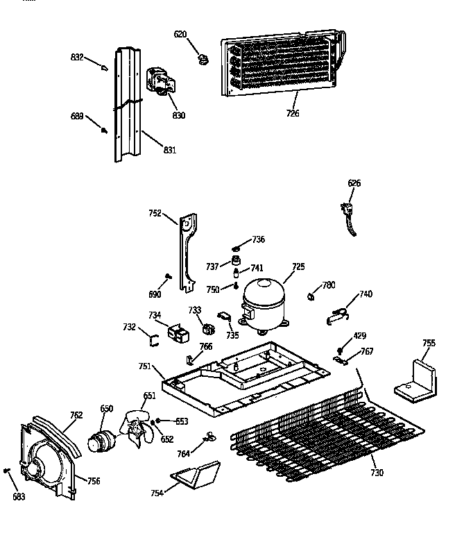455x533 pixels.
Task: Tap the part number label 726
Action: pyautogui.click(x=293, y=113)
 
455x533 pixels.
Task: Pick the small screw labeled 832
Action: pyautogui.click(x=105, y=68)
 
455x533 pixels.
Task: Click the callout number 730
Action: pyautogui.click(x=376, y=473)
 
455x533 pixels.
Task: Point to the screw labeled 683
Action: pyautogui.click(x=7, y=471)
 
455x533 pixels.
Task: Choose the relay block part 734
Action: pyautogui.click(x=180, y=334)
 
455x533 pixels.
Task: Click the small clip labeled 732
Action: pyautogui.click(x=155, y=339)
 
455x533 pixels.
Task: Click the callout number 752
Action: pyautogui.click(x=155, y=213)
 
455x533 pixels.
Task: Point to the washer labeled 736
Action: pyautogui.click(x=237, y=248)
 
